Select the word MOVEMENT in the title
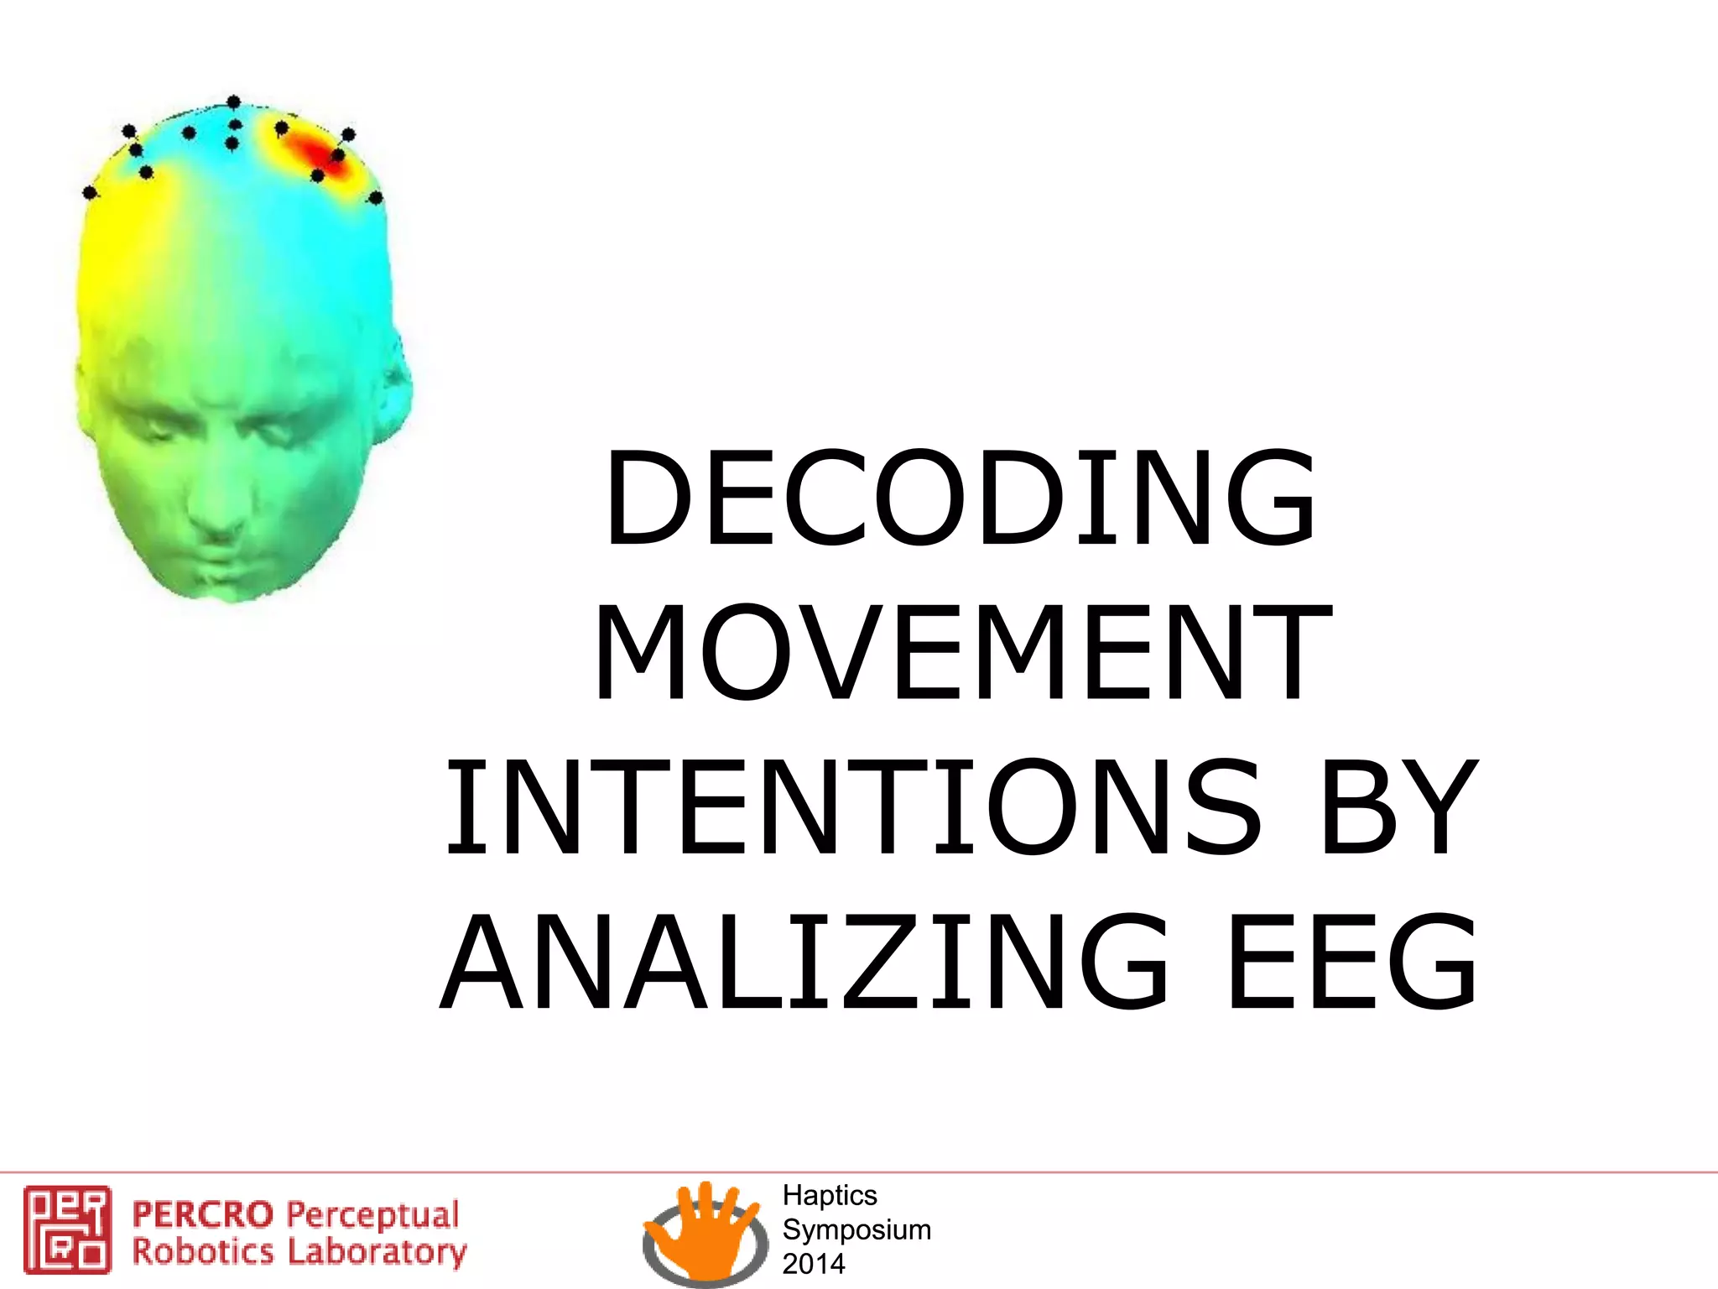(962, 652)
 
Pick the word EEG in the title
(1352, 963)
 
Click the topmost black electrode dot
(234, 102)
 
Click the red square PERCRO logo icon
(67, 1229)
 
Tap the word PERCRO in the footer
(203, 1214)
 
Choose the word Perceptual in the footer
(372, 1215)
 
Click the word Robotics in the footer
(203, 1252)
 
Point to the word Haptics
(830, 1195)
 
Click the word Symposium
(856, 1229)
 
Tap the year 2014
(814, 1263)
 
